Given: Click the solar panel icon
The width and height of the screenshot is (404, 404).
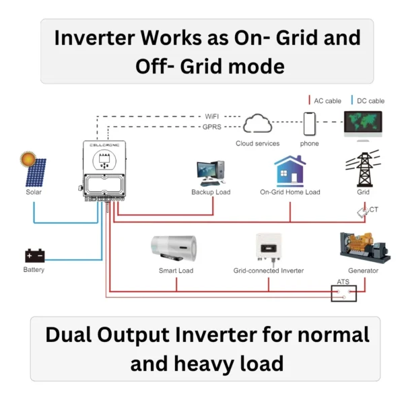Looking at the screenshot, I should (x=37, y=174).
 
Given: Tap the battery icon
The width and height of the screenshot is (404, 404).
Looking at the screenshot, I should (x=34, y=255).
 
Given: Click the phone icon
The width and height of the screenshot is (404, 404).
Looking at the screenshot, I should (x=309, y=124).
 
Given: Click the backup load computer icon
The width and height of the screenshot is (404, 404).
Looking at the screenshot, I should (x=210, y=172).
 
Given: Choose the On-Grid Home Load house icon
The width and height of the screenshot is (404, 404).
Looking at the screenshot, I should (x=290, y=171).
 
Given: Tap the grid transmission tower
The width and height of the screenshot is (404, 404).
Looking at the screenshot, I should (x=363, y=169).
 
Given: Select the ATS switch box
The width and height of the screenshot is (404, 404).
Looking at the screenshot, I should (x=343, y=293).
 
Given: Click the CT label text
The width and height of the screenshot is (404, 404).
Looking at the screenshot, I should (x=374, y=210).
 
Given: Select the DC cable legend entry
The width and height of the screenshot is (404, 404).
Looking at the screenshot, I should (x=367, y=101).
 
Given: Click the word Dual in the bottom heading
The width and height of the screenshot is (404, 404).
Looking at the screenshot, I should (x=70, y=335).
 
